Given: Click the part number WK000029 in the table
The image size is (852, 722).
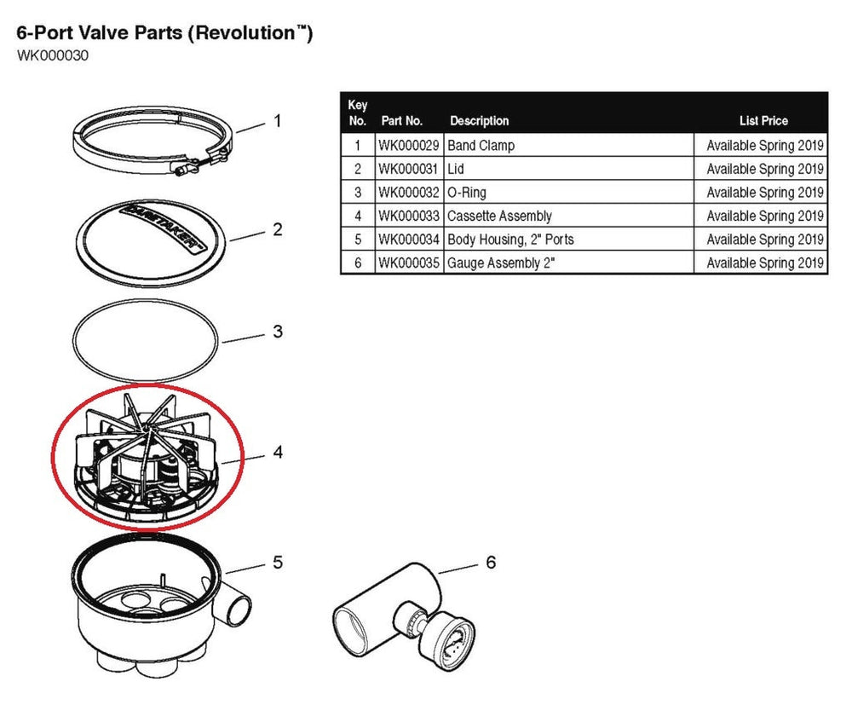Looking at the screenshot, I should [x=409, y=146].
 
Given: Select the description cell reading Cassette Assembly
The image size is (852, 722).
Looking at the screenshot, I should [x=499, y=217].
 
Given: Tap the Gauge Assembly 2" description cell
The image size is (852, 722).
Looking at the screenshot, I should [x=501, y=263].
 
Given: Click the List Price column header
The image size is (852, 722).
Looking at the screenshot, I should [x=763, y=121].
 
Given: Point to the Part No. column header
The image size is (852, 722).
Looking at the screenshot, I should [x=402, y=121].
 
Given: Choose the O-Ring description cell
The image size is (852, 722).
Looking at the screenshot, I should [x=467, y=193].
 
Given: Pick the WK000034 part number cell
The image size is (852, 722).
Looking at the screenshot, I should [x=409, y=240].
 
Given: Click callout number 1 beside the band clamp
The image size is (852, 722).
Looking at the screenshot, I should [x=276, y=121].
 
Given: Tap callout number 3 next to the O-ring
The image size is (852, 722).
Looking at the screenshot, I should [x=277, y=332].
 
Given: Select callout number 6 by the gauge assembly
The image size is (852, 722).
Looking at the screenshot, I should [x=490, y=563].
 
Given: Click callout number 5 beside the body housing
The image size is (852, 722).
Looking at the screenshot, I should [x=277, y=563].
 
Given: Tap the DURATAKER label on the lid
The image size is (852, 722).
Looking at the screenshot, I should [x=163, y=225].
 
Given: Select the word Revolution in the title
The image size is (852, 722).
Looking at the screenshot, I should [x=248, y=34].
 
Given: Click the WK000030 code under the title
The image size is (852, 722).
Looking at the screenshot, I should [x=53, y=56].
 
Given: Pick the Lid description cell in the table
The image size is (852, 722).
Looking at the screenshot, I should [x=456, y=170].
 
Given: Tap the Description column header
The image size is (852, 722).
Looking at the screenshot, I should [x=479, y=121].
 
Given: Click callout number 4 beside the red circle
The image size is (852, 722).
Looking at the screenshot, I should [x=277, y=452].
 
